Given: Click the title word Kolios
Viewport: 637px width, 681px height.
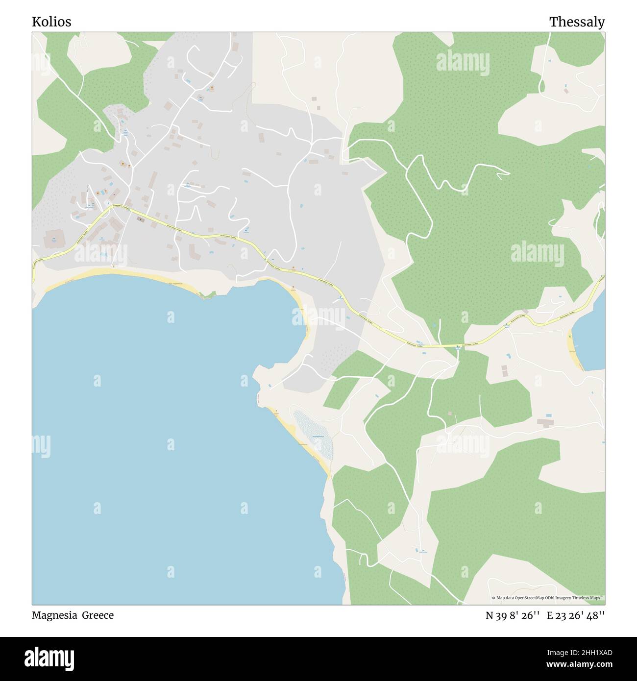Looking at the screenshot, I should tap(51, 22).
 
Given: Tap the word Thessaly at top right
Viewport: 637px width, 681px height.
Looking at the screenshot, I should tap(577, 22).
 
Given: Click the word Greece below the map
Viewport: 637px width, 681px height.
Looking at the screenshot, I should tap(98, 615).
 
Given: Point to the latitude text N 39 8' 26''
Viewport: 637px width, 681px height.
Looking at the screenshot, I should tap(513, 615).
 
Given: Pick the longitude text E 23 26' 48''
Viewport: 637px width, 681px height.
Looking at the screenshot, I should tap(576, 615).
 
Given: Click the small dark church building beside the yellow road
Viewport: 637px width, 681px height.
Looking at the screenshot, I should tap(141, 219).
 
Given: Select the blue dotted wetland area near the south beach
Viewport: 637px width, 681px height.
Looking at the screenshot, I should tap(314, 434).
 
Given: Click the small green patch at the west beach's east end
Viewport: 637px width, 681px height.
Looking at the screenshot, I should tap(209, 295).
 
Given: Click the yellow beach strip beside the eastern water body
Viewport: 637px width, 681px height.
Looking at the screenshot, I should tap(575, 350).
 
